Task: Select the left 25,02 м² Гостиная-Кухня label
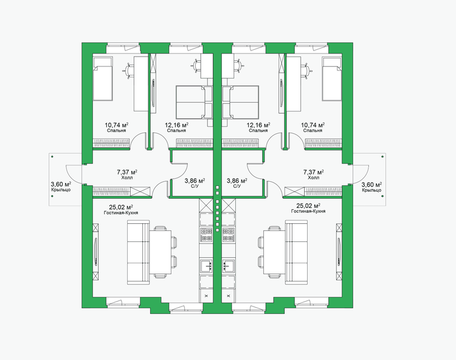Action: (121, 209)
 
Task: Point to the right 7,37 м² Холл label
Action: (314, 175)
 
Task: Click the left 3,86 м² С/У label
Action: (195, 183)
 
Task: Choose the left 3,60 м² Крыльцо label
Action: (61, 187)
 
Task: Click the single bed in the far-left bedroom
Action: (102, 79)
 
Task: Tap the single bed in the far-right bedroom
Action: (332, 79)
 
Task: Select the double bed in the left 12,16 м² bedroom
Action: (195, 102)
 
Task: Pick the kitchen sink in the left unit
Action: (207, 266)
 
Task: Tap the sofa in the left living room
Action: (139, 252)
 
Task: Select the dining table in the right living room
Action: (274, 252)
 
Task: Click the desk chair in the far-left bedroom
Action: (129, 70)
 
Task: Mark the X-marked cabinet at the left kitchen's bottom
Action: (207, 296)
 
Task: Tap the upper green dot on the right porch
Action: (382, 157)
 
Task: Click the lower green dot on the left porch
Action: (52, 196)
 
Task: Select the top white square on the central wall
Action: (217, 187)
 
